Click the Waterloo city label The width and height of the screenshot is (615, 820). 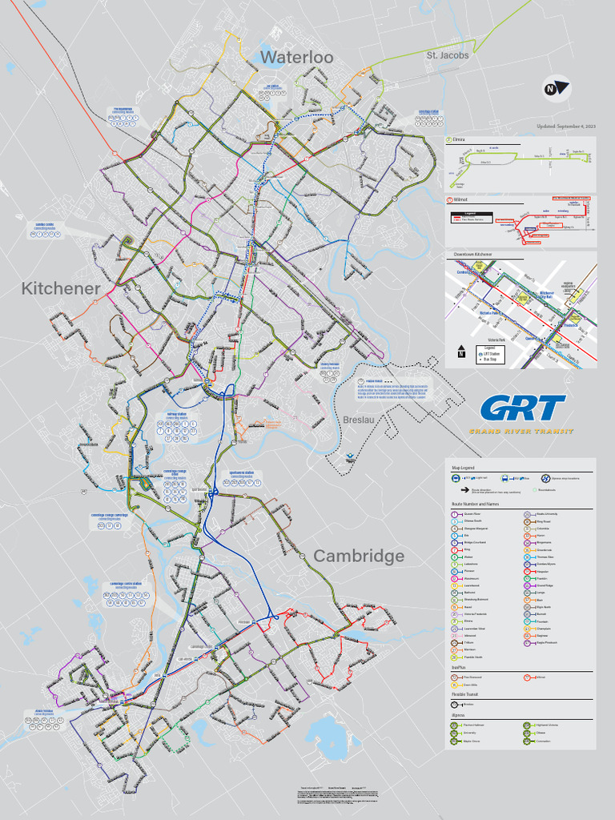(296, 57)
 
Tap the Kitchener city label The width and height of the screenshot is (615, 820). (61, 288)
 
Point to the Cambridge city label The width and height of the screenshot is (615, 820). (359, 556)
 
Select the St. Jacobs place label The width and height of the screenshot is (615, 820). (448, 55)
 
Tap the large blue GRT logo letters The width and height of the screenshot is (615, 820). (522, 408)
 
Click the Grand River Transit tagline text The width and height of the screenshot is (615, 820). (521, 432)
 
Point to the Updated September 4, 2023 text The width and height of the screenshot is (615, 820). (566, 127)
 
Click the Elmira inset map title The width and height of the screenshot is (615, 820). (459, 139)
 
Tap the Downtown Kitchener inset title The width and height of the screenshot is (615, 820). (472, 254)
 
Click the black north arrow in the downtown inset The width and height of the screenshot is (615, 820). (461, 351)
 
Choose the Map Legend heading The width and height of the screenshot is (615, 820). (464, 467)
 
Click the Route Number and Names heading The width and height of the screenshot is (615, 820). (476, 504)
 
